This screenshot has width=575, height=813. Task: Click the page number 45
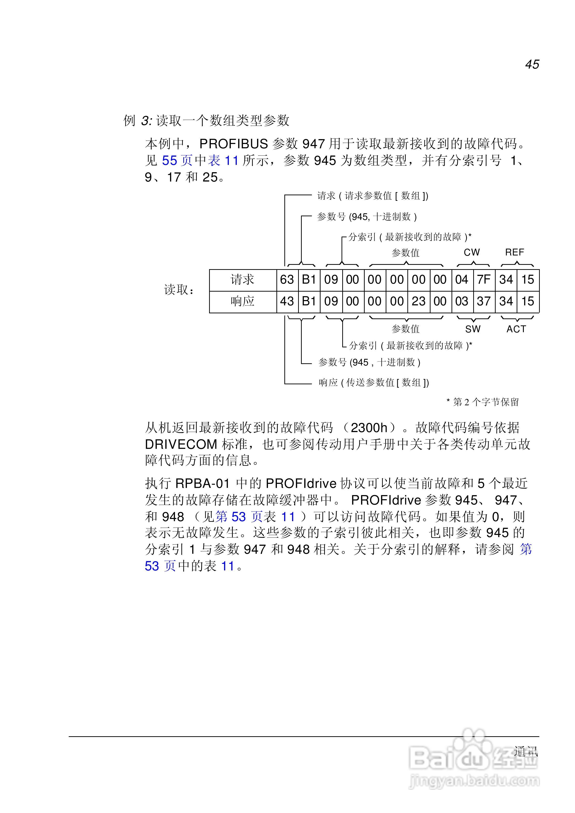click(x=532, y=64)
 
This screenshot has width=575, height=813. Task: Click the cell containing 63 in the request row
click(x=287, y=280)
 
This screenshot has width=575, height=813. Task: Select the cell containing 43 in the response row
click(x=287, y=301)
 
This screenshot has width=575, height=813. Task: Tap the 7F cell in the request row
click(x=484, y=280)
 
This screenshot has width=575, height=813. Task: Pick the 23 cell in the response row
click(x=418, y=301)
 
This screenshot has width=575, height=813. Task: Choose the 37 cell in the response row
click(x=484, y=301)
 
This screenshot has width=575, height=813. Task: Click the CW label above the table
click(x=472, y=252)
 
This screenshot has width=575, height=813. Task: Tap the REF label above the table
click(x=514, y=252)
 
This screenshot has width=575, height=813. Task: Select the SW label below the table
click(x=473, y=329)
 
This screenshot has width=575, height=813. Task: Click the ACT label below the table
click(x=516, y=329)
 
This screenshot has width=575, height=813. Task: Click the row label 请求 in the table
click(x=243, y=280)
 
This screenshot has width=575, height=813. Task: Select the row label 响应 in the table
click(x=243, y=301)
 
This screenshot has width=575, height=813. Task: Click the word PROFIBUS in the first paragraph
click(x=234, y=144)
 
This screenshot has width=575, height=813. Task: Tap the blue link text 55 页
click(x=177, y=161)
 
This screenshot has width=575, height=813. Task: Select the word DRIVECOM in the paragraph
click(x=181, y=444)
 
